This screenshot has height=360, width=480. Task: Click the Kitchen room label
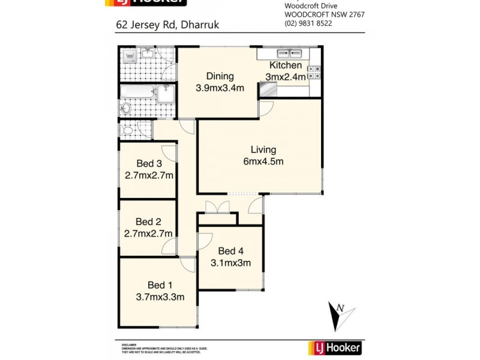[x=285, y=65]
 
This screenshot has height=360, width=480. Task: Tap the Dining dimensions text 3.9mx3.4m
[x=220, y=88]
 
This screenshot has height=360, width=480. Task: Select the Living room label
[x=263, y=149]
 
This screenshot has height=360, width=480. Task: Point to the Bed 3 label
[x=149, y=164]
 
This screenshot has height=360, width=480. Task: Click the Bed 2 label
[x=148, y=221]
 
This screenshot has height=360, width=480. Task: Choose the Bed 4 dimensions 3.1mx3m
[x=230, y=262]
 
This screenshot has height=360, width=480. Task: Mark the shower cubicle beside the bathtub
[x=166, y=94]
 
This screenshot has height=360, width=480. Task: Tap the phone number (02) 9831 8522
[x=308, y=23]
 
